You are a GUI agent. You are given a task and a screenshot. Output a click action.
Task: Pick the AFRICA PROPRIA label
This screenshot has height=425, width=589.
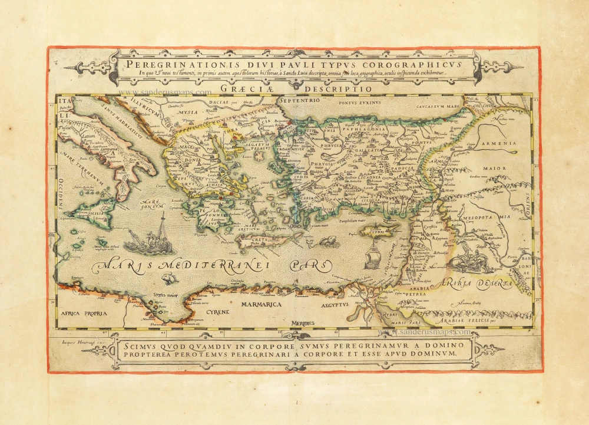[x=84, y=313]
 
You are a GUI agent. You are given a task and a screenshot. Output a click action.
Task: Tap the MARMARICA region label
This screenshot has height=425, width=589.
[x=262, y=305]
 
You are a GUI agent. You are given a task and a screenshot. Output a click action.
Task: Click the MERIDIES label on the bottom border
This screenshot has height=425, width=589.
[x=302, y=323]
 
